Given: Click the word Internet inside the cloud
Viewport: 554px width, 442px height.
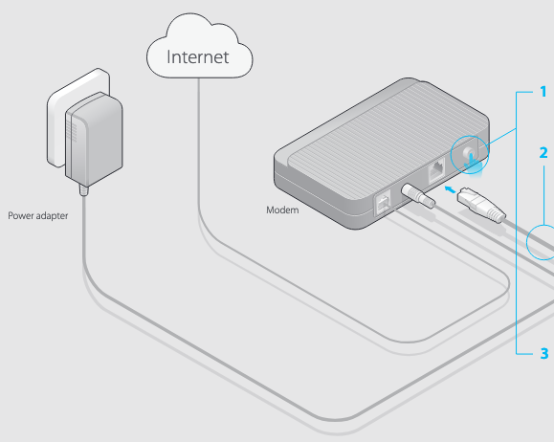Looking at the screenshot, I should pyautogui.click(x=198, y=56).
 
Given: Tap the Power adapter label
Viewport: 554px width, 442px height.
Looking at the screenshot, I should pyautogui.click(x=38, y=216).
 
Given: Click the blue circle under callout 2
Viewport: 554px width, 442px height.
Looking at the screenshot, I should pyautogui.click(x=543, y=239).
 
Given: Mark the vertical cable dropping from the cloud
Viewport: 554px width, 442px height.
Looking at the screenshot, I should pyautogui.click(x=198, y=144).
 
